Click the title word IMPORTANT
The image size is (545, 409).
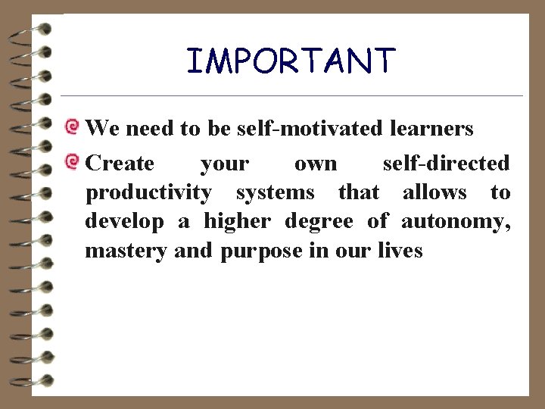click(291, 61)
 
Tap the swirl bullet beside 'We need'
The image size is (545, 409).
click(72, 126)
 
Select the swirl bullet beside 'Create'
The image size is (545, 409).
click(72, 160)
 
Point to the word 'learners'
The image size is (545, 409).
click(431, 129)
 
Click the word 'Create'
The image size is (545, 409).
click(120, 163)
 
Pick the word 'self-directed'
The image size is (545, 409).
click(446, 163)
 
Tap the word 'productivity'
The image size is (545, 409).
click(148, 193)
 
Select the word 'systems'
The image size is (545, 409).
click(275, 192)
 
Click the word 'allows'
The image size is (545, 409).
click(434, 192)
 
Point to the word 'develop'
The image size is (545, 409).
click(124, 222)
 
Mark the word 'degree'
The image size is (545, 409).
click(319, 222)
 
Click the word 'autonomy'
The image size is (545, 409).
click(455, 222)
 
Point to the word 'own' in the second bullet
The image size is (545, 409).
click(316, 164)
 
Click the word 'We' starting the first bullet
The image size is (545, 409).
click(102, 129)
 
